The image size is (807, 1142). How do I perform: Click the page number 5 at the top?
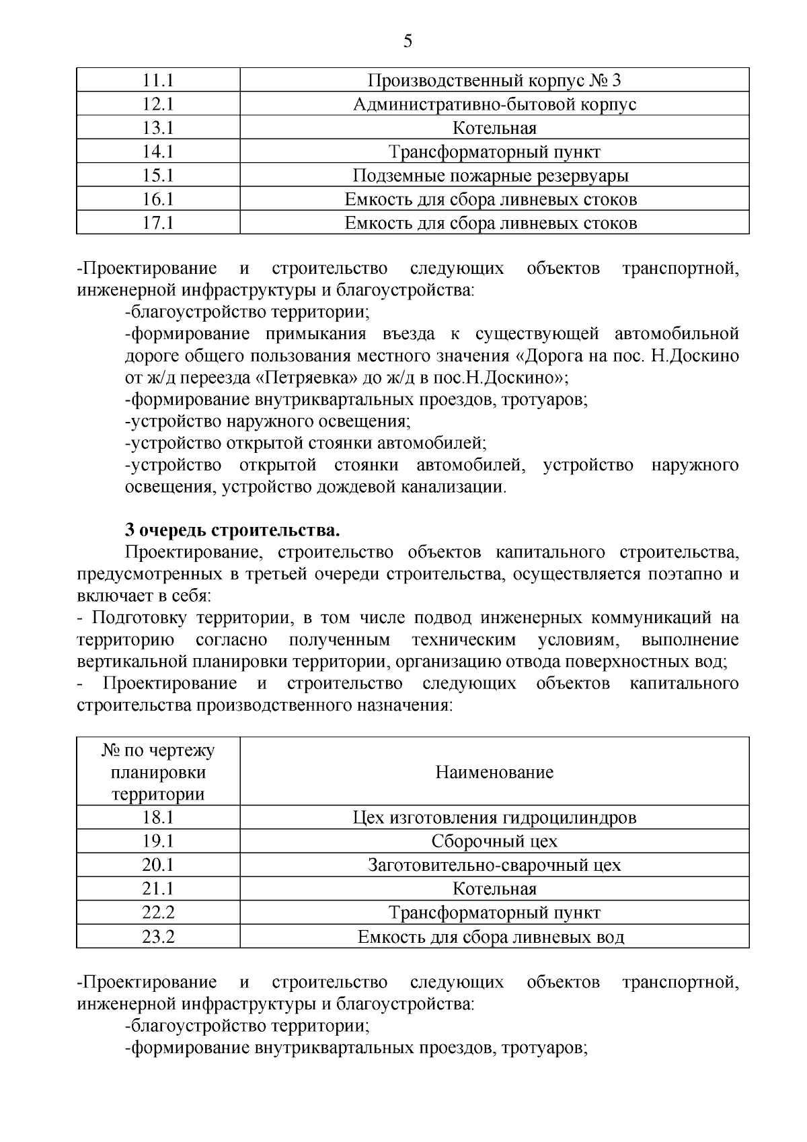point(408,42)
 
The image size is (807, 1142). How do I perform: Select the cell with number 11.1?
point(158,81)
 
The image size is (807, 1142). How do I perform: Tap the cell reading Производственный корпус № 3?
point(494,81)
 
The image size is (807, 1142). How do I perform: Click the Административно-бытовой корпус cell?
point(494,104)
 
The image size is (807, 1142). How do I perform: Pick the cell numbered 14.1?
point(158,152)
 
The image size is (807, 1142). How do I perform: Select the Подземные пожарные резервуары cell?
point(494,176)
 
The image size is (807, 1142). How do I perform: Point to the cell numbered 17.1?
point(158,223)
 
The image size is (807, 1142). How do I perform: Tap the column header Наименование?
point(494,772)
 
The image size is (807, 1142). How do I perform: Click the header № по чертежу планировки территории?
point(158,772)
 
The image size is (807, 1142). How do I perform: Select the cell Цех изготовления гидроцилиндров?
point(494,818)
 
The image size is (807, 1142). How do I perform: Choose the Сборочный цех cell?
point(494,841)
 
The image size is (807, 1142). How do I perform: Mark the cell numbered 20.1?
point(158,865)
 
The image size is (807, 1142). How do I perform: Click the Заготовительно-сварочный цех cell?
point(494,865)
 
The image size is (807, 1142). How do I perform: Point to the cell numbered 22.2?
point(158,913)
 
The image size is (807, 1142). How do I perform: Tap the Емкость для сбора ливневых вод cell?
point(494,937)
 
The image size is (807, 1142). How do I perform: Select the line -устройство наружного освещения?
point(268,421)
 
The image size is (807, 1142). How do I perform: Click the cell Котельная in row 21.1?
point(494,889)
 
